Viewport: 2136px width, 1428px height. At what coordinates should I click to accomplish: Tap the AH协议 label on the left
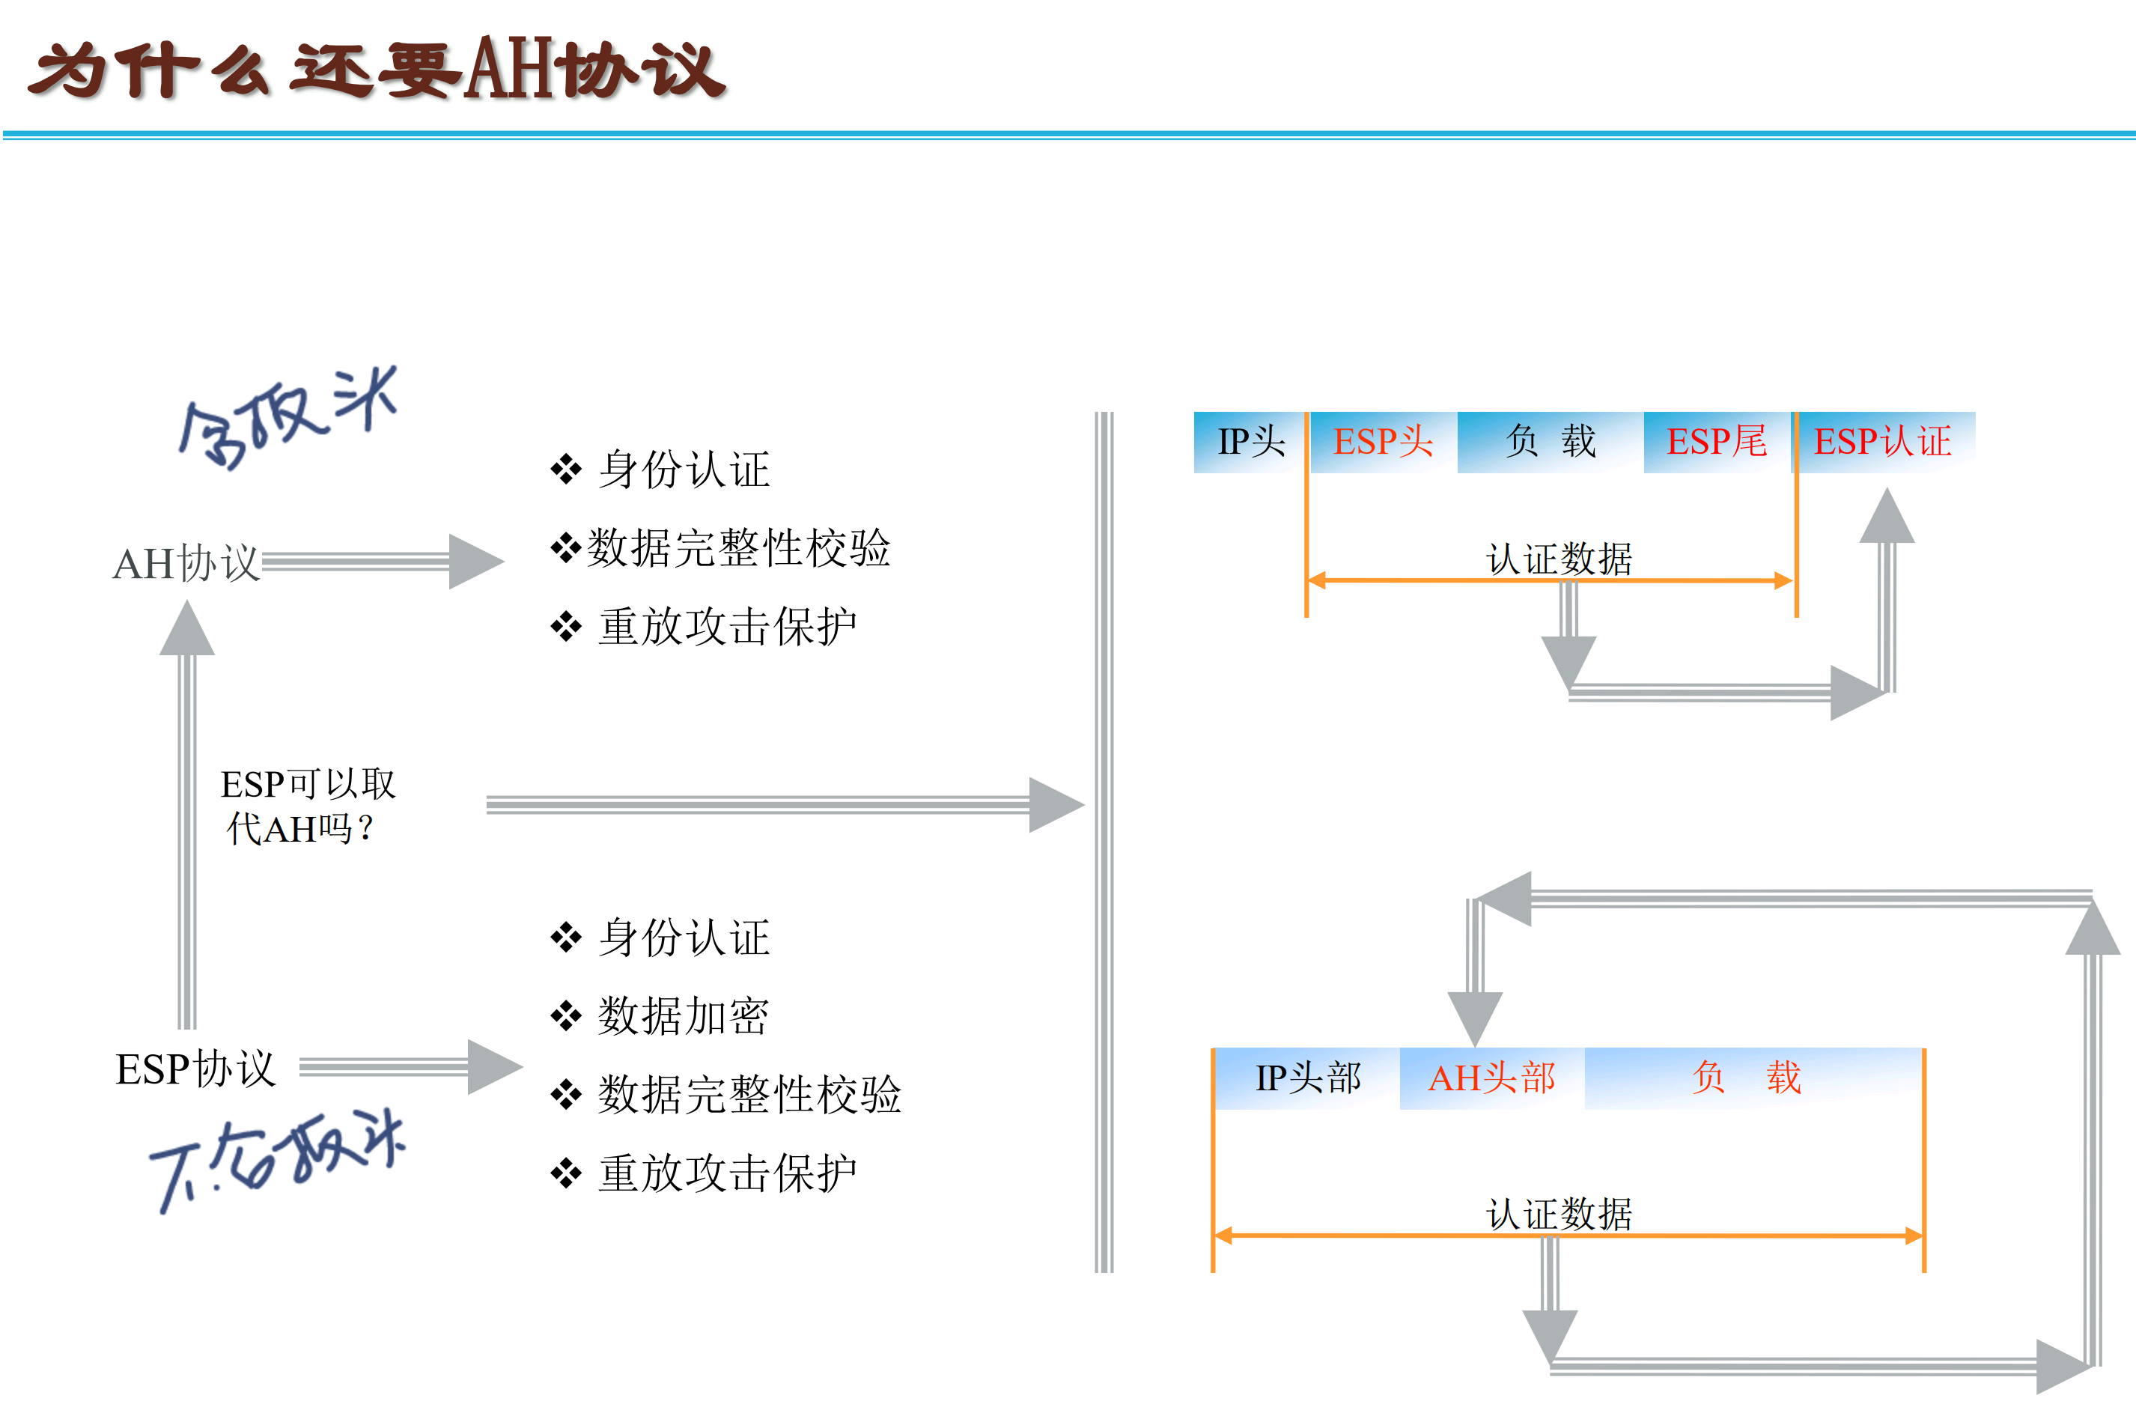point(186,563)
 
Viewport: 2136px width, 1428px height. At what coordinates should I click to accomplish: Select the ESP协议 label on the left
point(195,1069)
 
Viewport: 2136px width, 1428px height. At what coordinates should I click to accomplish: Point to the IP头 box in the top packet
point(1250,442)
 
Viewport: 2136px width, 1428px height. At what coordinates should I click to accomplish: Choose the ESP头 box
point(1382,442)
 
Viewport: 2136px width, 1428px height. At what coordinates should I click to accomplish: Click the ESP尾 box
point(1716,442)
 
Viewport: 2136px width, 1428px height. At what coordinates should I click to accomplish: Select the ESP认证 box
point(1883,442)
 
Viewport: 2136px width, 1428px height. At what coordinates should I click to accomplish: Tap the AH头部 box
point(1491,1078)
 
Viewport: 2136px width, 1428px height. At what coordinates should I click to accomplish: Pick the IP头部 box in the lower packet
point(1307,1078)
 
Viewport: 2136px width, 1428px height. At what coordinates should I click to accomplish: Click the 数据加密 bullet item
point(683,1015)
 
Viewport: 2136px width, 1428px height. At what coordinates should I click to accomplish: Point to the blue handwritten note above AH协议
point(287,419)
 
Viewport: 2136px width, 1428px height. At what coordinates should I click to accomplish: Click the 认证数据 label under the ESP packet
point(1559,559)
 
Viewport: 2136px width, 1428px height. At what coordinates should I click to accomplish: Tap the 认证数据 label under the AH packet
point(1559,1214)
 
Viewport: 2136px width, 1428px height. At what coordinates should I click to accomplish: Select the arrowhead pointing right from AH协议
point(473,562)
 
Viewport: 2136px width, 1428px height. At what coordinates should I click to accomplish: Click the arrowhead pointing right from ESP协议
point(493,1067)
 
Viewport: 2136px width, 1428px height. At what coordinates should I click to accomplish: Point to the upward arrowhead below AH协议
point(186,631)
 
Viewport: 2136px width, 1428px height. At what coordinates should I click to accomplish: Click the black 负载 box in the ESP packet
point(1550,442)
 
